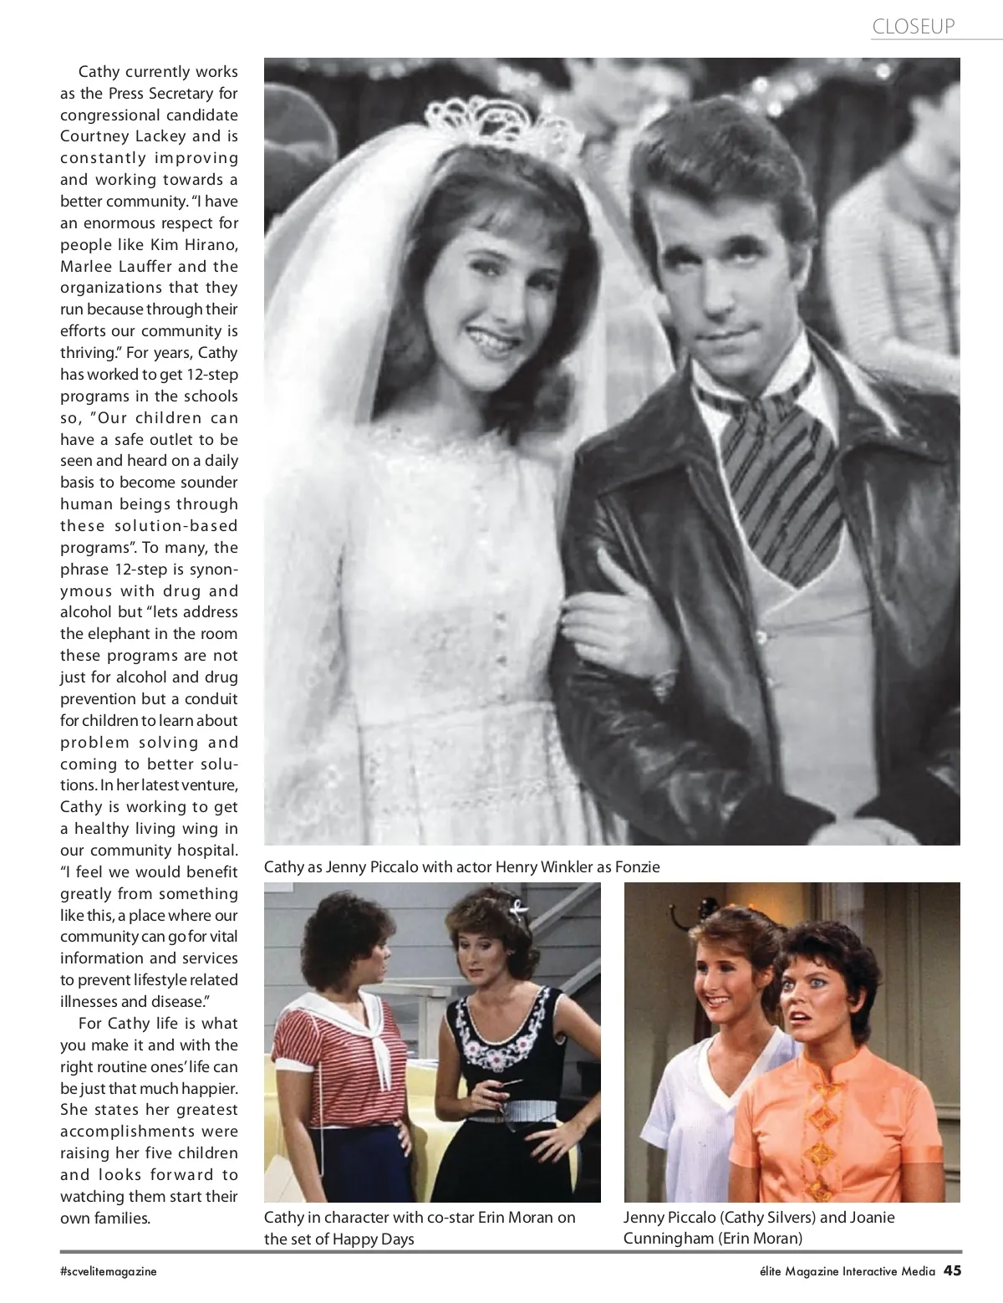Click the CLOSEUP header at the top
point(913,27)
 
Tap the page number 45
point(952,1270)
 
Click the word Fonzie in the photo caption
point(637,866)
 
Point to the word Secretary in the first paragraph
point(181,93)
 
